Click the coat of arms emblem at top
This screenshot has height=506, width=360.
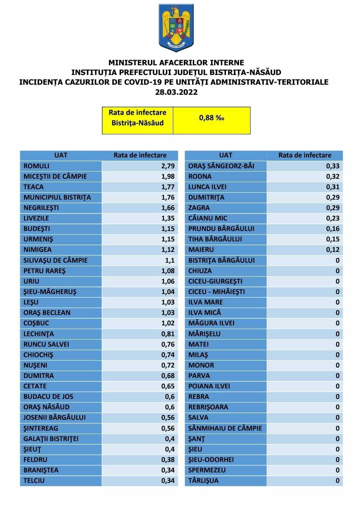(x=176, y=28)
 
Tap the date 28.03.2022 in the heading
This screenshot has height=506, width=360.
(x=176, y=92)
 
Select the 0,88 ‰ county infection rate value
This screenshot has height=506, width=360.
(x=211, y=118)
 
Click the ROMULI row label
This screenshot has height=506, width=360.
(x=36, y=166)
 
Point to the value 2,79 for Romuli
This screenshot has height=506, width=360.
(x=168, y=166)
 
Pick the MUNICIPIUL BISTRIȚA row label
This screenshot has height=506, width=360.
(x=57, y=197)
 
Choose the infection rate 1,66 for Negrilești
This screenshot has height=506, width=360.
(x=168, y=208)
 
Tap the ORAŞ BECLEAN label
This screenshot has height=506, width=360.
(x=47, y=313)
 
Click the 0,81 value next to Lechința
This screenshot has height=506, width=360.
(x=168, y=334)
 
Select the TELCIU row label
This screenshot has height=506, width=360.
(x=34, y=481)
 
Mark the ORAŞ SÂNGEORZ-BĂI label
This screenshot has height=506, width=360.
(x=221, y=166)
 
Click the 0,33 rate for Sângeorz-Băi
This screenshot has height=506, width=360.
(x=333, y=166)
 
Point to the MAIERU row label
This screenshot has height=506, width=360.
(x=201, y=250)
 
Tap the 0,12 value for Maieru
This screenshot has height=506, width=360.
(x=333, y=250)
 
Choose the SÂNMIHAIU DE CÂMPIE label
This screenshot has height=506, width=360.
(x=225, y=428)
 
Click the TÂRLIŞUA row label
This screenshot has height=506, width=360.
(x=203, y=481)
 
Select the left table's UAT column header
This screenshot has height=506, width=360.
(x=61, y=155)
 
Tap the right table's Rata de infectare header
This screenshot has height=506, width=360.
(x=305, y=155)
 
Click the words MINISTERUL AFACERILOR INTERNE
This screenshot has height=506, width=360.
(x=176, y=63)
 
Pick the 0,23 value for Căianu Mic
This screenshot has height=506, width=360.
(x=333, y=218)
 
